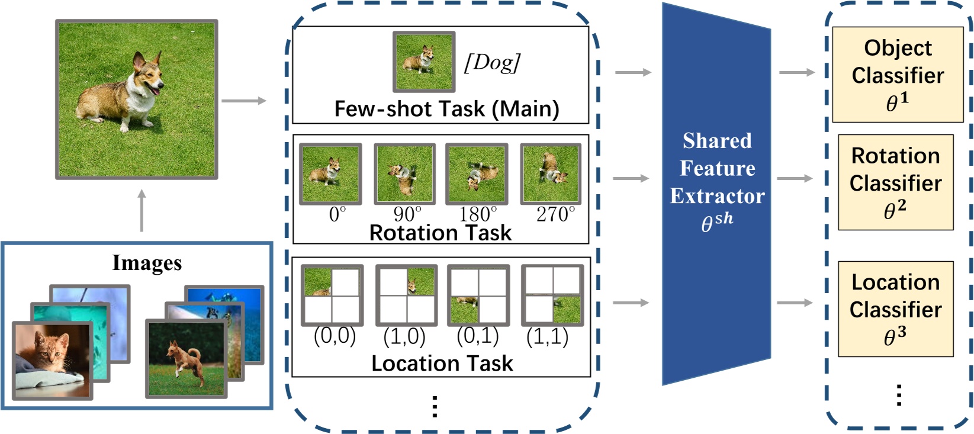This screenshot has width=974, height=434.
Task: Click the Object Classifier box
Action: click(897, 74)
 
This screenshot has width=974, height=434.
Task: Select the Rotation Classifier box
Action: click(895, 182)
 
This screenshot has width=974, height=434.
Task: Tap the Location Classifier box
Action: click(895, 308)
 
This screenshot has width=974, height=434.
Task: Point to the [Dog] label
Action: click(492, 62)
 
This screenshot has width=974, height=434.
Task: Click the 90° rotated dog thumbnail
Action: click(404, 173)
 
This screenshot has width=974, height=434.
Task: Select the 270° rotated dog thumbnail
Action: click(551, 173)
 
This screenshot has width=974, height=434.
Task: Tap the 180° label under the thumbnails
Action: click(478, 214)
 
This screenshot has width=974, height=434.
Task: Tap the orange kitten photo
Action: click(52, 360)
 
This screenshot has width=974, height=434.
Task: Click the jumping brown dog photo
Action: click(186, 358)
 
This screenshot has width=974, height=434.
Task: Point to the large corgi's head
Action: click(148, 74)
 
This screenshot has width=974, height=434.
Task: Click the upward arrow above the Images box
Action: click(142, 210)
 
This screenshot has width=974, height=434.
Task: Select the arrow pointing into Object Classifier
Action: click(797, 72)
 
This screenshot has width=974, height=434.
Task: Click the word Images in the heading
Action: click(147, 262)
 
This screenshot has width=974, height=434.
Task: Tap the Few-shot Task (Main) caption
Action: click(446, 109)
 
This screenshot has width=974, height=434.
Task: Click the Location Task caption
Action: click(442, 363)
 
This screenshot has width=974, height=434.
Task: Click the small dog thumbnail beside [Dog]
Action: click(423, 62)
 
